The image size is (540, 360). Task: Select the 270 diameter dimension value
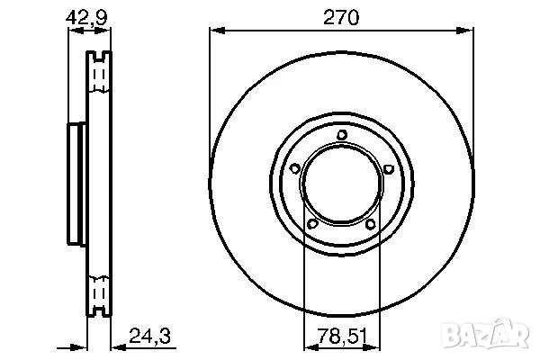click(x=342, y=16)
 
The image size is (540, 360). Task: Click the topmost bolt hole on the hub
click(x=342, y=136)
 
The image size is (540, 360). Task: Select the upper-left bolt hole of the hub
click(x=295, y=168)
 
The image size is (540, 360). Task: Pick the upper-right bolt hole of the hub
click(x=388, y=168)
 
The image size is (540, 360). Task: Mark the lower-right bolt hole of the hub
click(x=371, y=224)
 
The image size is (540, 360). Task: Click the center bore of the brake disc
click(x=342, y=184)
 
